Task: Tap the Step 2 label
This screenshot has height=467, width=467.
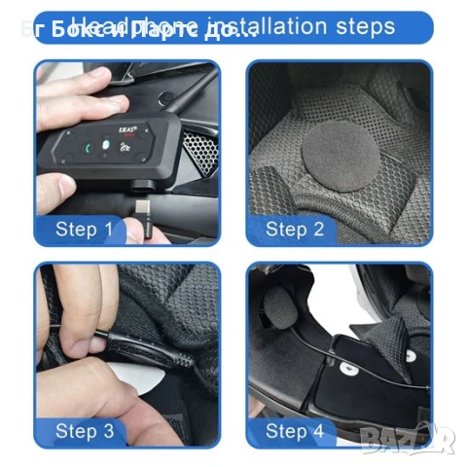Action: (x=295, y=230)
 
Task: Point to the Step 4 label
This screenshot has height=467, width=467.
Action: (x=295, y=430)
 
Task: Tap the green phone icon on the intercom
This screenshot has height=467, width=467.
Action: (x=90, y=149)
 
